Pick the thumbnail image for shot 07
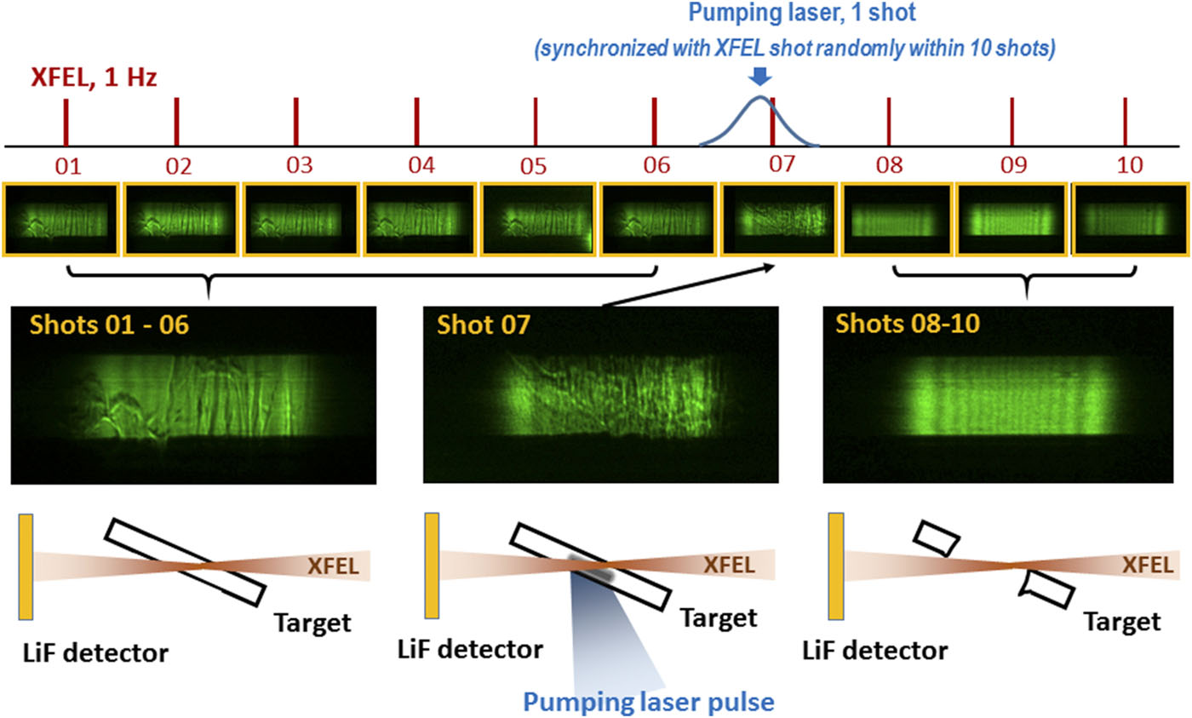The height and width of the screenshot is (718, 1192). tap(778, 218)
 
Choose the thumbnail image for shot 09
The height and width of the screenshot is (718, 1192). tap(1011, 218)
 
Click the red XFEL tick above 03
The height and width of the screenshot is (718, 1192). tap(295, 122)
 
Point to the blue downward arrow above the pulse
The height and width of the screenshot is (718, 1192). tap(760, 78)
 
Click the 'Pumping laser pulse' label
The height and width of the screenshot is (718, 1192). tap(649, 703)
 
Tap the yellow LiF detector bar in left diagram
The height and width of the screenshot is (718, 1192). tap(26, 566)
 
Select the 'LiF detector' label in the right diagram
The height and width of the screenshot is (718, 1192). tap(874, 652)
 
